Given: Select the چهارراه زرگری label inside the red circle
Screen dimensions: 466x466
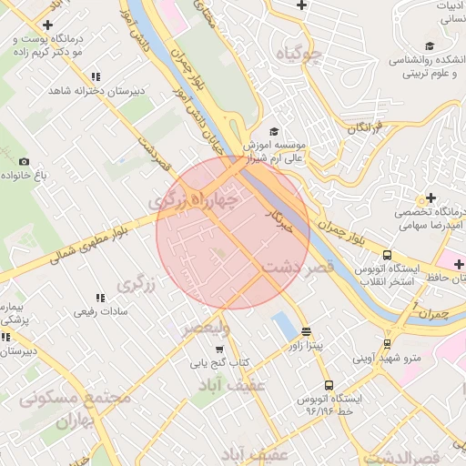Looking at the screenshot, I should pos(197,199).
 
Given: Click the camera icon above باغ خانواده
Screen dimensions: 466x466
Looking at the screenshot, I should pos(24,160).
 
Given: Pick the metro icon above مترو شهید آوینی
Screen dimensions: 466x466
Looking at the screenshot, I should pos(388,344).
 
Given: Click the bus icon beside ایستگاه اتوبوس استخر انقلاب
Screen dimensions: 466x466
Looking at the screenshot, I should pos(388,256).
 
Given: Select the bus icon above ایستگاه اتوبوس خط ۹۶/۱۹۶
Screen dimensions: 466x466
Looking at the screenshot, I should pos(329,384).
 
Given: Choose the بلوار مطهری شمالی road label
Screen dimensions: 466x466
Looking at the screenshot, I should pos(91,245).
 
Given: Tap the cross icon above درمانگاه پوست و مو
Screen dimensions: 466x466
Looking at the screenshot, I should pos(48,25).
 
